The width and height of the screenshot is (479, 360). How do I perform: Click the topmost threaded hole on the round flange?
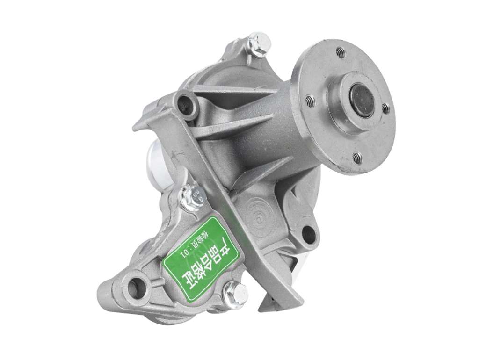(341, 52)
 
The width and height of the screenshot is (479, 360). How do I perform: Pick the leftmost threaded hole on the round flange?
(309, 100)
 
